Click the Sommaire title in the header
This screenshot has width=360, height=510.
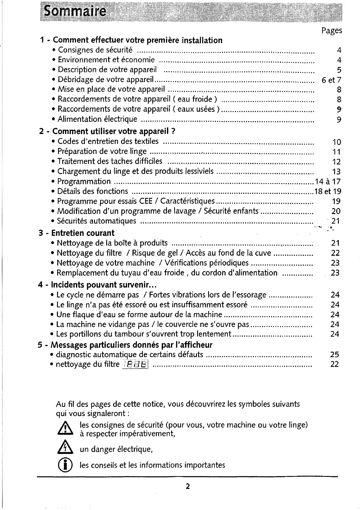pyautogui.click(x=75, y=12)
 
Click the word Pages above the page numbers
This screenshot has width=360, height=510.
pyautogui.click(x=332, y=31)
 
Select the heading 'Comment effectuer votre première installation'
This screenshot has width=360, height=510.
pyautogui.click(x=137, y=40)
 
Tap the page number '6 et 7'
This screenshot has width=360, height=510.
pyautogui.click(x=331, y=80)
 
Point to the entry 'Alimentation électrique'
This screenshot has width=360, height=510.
pyautogui.click(x=98, y=119)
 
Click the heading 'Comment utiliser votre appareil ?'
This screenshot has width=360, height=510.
pyautogui.click(x=114, y=131)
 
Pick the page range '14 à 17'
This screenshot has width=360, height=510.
pyautogui.click(x=328, y=182)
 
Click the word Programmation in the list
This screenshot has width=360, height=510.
pyautogui.click(x=84, y=182)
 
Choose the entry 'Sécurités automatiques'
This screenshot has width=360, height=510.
pyautogui.click(x=97, y=221)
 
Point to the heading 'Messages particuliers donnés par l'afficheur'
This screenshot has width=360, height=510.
pyautogui.click(x=132, y=345)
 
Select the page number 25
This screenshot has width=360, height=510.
pyautogui.click(x=334, y=355)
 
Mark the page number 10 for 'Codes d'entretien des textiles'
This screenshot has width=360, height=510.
pyautogui.click(x=336, y=142)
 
